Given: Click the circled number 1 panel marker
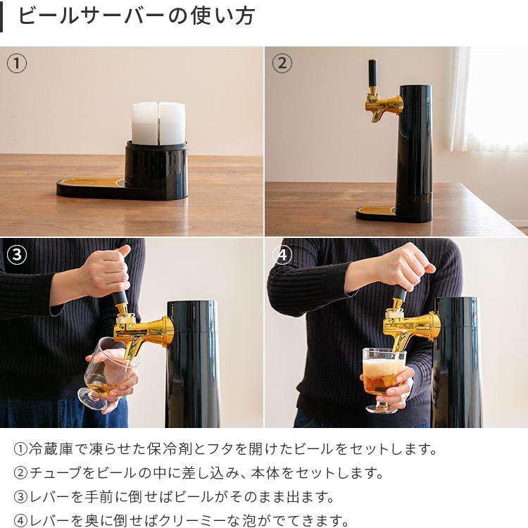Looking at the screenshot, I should (17, 63).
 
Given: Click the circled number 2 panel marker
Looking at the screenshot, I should (282, 63).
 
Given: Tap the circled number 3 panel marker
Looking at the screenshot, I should (17, 254).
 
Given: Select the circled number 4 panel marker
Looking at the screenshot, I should (282, 254).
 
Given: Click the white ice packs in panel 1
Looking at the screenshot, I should (158, 122).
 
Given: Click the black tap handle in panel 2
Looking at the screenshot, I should (372, 74).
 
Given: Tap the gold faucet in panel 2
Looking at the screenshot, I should (384, 106).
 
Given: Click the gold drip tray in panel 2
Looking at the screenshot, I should (377, 210).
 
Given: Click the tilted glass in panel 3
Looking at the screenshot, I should (106, 373).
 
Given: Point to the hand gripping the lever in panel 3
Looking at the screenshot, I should (106, 271).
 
